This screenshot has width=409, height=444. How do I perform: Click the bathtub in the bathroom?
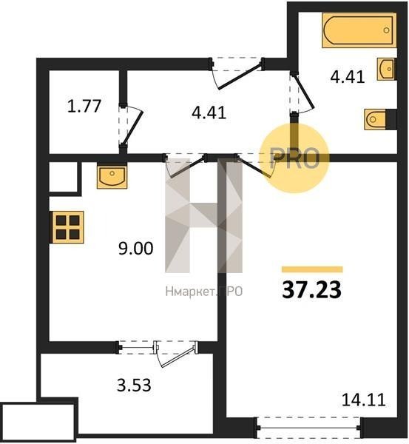(359, 30)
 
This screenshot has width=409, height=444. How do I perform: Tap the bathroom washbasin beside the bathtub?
(386, 69)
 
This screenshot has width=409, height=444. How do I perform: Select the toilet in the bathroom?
(375, 119)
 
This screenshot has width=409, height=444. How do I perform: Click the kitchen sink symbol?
(112, 177)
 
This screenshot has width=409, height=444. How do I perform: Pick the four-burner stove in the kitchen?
(68, 227)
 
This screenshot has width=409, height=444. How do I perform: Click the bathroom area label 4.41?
(348, 76)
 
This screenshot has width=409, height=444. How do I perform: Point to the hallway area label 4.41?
(209, 112)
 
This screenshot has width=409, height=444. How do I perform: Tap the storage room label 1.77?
(84, 106)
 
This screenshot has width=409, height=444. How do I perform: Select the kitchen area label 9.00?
(136, 248)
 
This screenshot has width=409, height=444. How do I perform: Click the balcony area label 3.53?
(134, 385)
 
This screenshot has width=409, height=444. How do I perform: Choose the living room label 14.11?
(364, 400)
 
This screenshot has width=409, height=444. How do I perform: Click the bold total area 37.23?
(311, 290)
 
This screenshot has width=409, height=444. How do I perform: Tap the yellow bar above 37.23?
(312, 269)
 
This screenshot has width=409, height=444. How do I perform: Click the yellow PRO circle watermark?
(295, 158)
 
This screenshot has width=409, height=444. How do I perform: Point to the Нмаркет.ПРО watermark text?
(204, 292)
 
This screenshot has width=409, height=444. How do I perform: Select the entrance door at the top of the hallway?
(237, 73)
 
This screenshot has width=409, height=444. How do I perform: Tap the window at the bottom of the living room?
(308, 427)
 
